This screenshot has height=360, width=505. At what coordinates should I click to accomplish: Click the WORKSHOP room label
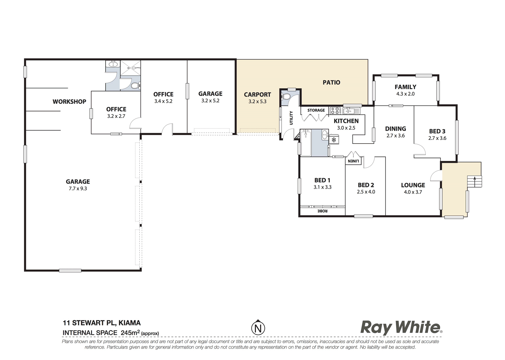tap(69, 102)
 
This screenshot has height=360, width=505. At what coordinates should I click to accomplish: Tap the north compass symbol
tap(258, 327)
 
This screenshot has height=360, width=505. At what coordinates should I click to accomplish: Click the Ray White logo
tap(401, 328)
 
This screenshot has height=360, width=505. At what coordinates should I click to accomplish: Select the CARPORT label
tap(257, 95)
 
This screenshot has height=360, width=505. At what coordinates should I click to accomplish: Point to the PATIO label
tap(331, 83)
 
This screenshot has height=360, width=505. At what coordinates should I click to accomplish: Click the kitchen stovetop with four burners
tap(335, 110)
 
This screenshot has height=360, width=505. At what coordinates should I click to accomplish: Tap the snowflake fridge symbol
tap(334, 140)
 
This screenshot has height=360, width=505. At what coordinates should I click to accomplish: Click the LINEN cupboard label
tap(353, 161)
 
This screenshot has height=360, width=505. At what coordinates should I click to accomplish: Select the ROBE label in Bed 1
tap(322, 211)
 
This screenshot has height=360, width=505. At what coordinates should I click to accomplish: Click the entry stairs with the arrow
tap(474, 181)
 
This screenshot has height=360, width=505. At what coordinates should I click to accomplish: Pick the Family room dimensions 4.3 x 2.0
tap(405, 94)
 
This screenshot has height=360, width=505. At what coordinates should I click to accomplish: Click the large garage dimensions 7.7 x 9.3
tap(78, 189)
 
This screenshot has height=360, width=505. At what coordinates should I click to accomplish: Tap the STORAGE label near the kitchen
tap(316, 110)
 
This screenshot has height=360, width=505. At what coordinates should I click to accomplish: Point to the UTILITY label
tap(291, 118)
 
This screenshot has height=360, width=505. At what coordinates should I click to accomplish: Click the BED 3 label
tap(437, 131)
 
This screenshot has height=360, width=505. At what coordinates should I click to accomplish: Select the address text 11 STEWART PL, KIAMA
tap(102, 323)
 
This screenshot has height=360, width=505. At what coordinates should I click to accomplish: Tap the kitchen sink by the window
tap(351, 111)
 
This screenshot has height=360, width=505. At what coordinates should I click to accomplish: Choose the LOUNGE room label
tap(413, 185)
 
